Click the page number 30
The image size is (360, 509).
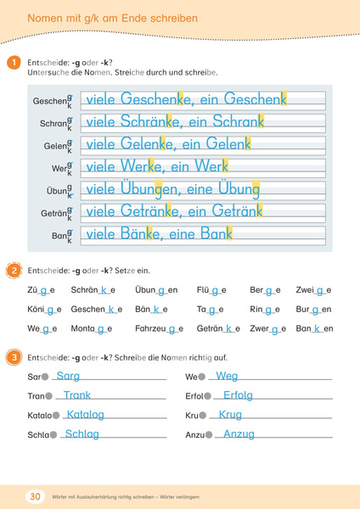[36, 495]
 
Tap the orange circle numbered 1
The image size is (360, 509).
[14, 63]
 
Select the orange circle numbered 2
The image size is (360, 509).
[14, 270]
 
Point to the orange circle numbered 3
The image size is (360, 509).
[14, 358]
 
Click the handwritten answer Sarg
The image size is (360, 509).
[68, 375]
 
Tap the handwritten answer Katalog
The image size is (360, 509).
[85, 415]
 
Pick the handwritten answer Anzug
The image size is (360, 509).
[239, 434]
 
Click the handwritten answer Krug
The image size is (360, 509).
[230, 415]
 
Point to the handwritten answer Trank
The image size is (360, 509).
[76, 395]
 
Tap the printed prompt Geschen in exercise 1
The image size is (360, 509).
[48, 101]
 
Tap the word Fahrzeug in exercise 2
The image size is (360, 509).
[159, 328]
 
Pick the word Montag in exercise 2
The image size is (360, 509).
[90, 328]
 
